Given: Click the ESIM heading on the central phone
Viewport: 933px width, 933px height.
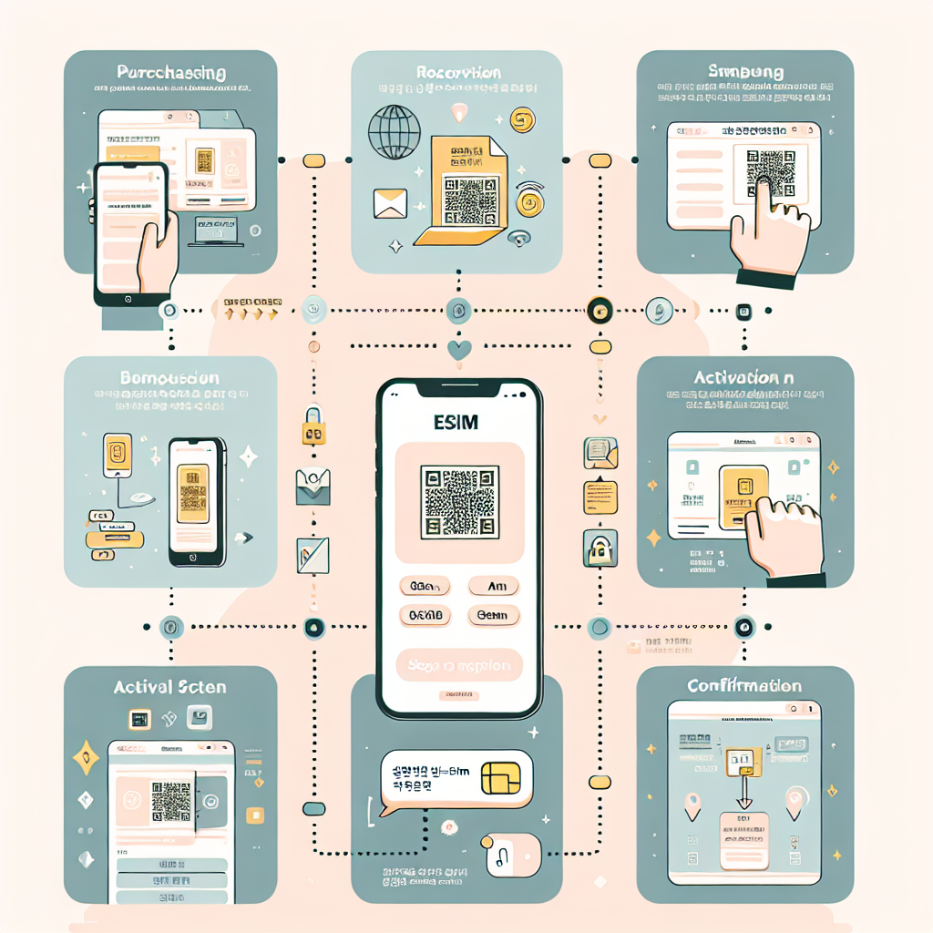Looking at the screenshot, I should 458,423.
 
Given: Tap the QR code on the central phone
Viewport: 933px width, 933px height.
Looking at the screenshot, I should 459,502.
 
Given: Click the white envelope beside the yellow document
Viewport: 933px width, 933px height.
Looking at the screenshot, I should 390,203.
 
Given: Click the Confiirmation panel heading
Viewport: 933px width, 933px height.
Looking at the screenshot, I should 744,686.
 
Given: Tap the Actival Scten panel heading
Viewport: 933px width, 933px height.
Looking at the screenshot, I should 169,687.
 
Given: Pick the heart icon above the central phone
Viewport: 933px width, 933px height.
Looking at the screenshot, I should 459,348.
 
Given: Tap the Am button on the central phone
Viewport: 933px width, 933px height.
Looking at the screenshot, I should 493,586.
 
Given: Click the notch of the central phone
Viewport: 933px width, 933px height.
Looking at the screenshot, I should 459,388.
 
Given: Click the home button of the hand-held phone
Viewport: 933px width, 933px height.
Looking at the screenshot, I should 129,299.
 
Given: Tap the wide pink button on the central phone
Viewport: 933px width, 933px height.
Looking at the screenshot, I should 459,665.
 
